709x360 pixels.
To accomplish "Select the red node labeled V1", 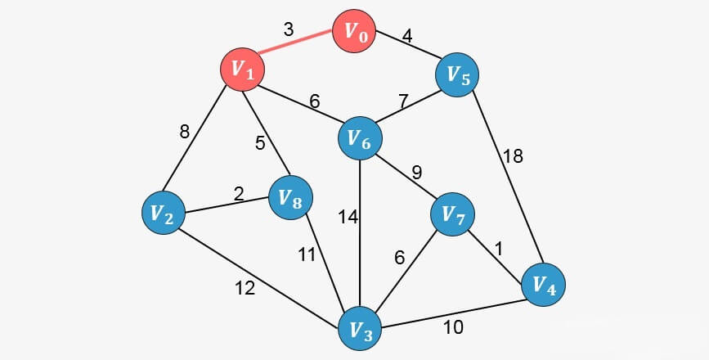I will tap(243, 70).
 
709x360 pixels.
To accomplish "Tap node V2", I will tap(162, 214).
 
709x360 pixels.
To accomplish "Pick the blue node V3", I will tap(361, 331).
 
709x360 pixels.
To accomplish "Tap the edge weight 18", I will tap(513, 156).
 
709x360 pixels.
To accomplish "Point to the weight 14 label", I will tap(348, 218).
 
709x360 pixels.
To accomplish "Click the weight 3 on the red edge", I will tap(288, 29).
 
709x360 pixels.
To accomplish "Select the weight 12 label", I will tap(245, 287).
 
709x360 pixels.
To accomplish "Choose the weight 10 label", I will tap(453, 328).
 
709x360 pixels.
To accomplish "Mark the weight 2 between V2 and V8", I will tap(239, 194).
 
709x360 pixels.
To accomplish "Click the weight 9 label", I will tap(415, 173).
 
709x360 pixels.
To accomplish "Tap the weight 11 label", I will tap(305, 254).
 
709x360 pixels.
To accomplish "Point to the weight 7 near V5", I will tap(403, 101).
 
